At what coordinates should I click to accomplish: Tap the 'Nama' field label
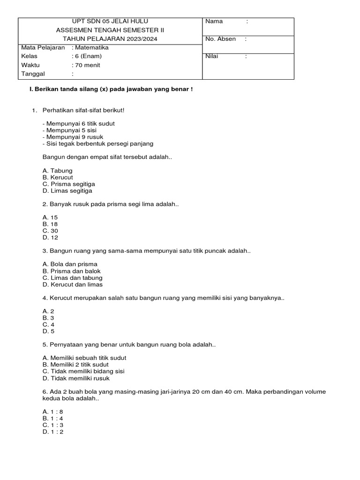click(214, 22)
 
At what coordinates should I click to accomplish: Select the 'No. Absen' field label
click(220, 39)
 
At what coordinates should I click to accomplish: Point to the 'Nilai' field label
click(212, 57)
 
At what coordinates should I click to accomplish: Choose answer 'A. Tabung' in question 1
click(57, 171)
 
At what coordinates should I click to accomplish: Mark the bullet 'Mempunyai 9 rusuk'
click(73, 137)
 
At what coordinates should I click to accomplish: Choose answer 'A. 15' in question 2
click(50, 217)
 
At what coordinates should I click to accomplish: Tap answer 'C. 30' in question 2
click(50, 231)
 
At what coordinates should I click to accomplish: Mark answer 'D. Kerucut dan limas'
click(72, 285)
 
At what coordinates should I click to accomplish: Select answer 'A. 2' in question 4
click(48, 311)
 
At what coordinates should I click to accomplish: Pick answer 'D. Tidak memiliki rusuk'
click(76, 378)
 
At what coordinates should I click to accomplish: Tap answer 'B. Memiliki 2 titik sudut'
click(75, 365)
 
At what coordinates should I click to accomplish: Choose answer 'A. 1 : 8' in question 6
click(52, 412)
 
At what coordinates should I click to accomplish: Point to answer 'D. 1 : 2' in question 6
click(52, 432)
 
